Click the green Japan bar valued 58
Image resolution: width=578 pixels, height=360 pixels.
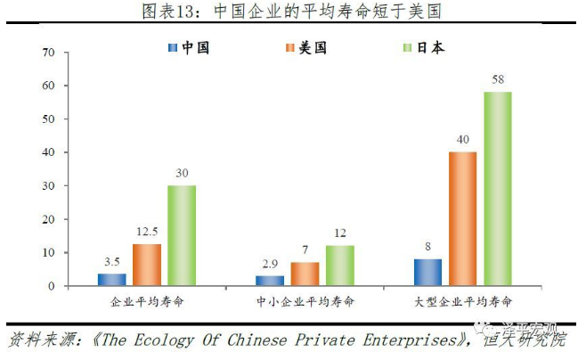tap(498, 189)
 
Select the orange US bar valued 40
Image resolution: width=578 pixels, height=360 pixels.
tap(462, 219)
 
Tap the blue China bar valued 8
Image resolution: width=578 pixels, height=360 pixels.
tap(427, 272)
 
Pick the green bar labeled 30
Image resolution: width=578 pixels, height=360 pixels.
tap(182, 236)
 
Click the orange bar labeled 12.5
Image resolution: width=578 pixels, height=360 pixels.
tap(147, 265)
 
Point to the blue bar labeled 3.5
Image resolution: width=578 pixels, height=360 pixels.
tap(112, 280)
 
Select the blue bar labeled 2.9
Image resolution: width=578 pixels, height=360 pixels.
tap(270, 281)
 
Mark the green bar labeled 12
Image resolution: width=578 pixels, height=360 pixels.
tap(339, 266)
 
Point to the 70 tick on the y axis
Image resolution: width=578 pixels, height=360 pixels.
tap(49, 53)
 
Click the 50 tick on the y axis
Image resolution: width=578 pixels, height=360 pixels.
tap(49, 119)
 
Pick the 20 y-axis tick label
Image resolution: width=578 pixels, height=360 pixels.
tap(49, 219)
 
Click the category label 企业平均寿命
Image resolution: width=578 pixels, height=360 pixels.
tap(147, 303)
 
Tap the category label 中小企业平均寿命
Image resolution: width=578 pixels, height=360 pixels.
tap(305, 303)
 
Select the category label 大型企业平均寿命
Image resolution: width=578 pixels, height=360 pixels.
tap(462, 303)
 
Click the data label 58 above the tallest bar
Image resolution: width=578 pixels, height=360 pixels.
tap(498, 80)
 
